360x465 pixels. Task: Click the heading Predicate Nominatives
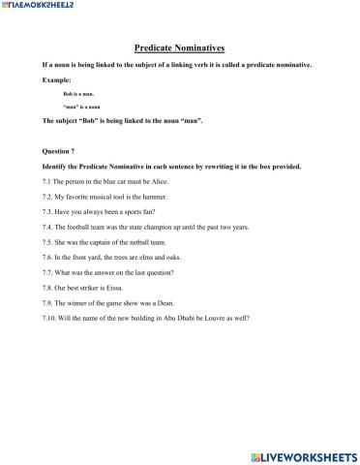(179, 46)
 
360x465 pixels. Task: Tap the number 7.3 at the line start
(49, 211)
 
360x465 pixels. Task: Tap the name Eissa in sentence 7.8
(117, 287)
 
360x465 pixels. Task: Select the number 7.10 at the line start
(51, 317)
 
